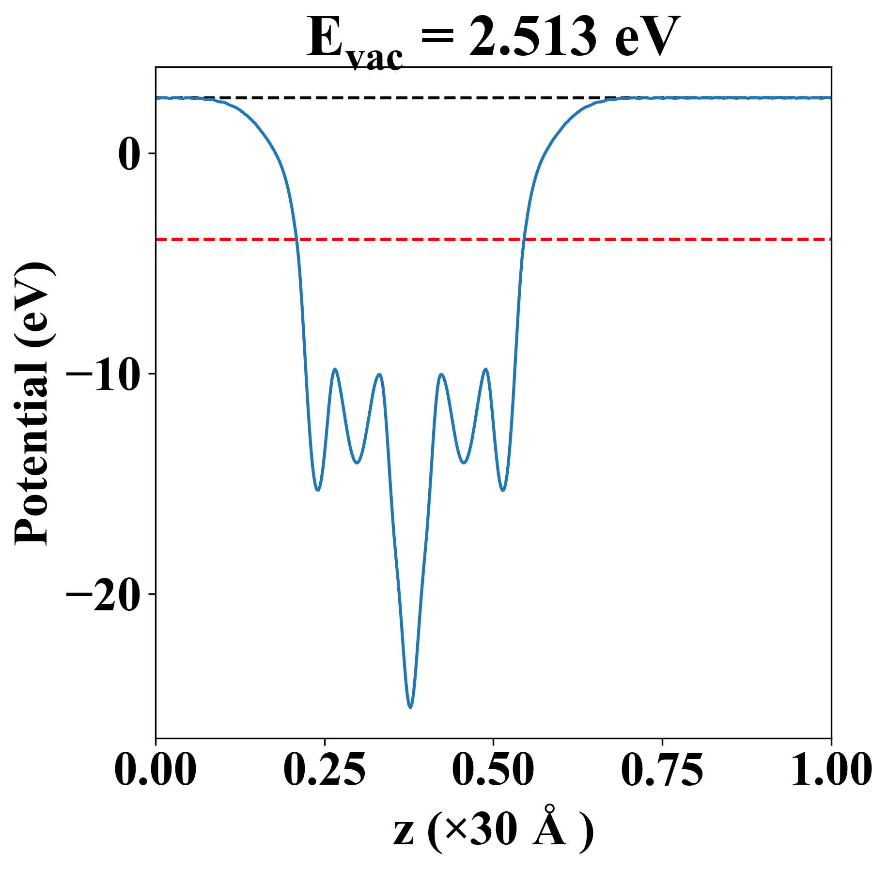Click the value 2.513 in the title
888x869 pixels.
pos(533,38)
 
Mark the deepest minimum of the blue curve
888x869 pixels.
pos(410,707)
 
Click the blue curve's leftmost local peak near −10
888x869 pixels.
pos(335,370)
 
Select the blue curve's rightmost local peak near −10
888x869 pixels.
pos(485,370)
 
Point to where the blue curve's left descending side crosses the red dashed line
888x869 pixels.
pos(297,239)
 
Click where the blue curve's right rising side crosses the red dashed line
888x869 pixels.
pos(523,239)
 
